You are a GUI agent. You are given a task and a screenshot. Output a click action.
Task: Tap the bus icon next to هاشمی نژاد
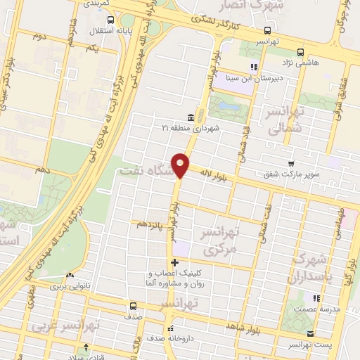click(301, 51)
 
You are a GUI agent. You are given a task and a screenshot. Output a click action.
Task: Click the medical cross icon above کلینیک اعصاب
click(174, 263)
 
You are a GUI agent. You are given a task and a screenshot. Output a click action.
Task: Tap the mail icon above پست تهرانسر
click(311, 333)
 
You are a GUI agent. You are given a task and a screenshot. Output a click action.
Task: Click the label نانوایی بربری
click(70, 287)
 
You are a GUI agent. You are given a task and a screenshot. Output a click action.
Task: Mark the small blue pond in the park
click(227, 107)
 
